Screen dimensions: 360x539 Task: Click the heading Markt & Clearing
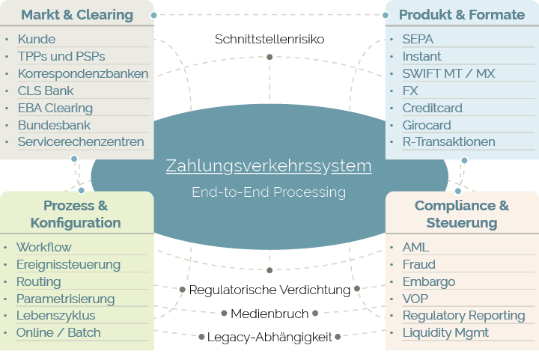77,14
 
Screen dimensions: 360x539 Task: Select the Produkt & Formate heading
461,14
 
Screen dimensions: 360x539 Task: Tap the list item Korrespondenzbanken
82,73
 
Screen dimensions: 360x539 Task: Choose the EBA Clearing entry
55,108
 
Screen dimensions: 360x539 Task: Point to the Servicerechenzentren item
80,141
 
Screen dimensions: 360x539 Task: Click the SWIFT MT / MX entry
448,73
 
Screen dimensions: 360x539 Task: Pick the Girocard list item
427,124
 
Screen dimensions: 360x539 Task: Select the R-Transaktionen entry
448,141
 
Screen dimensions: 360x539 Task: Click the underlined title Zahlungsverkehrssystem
269,165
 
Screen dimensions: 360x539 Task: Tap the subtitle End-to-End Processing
269,192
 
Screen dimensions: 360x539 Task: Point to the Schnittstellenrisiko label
269,39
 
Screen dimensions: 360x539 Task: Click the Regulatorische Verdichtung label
269,289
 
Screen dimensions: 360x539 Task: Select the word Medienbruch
269,313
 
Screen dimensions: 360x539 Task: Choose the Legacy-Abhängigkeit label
269,337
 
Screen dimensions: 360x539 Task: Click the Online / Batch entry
58,332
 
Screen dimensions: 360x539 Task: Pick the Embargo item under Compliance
428,281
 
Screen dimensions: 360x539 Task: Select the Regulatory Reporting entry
463,315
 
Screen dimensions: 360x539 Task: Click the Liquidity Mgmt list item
445,332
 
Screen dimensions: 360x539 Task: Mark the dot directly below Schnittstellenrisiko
269,56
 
